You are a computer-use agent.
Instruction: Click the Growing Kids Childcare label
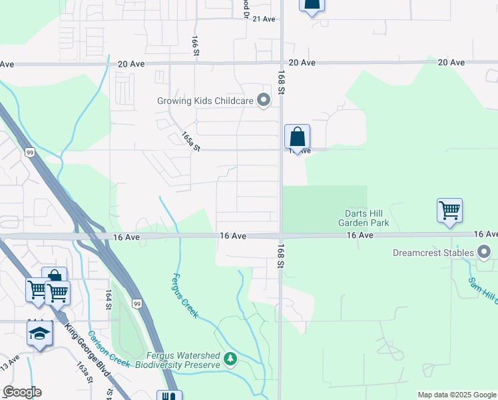(x=205, y=101)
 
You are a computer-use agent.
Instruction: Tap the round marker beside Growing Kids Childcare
(x=264, y=101)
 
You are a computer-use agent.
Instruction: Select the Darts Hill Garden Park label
(x=363, y=218)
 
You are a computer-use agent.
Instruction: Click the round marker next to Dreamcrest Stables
(x=484, y=252)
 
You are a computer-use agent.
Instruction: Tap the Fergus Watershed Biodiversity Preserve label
(x=177, y=360)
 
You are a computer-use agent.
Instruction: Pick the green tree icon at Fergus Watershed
(x=230, y=360)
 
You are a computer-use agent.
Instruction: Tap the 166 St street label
(x=196, y=46)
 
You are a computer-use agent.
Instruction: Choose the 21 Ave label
(x=264, y=19)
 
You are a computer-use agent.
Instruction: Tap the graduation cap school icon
(x=39, y=333)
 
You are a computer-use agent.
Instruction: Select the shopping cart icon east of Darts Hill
(x=449, y=211)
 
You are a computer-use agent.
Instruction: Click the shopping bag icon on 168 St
(x=297, y=137)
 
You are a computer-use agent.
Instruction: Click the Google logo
(x=22, y=392)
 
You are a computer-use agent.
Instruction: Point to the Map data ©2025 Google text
(x=457, y=395)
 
